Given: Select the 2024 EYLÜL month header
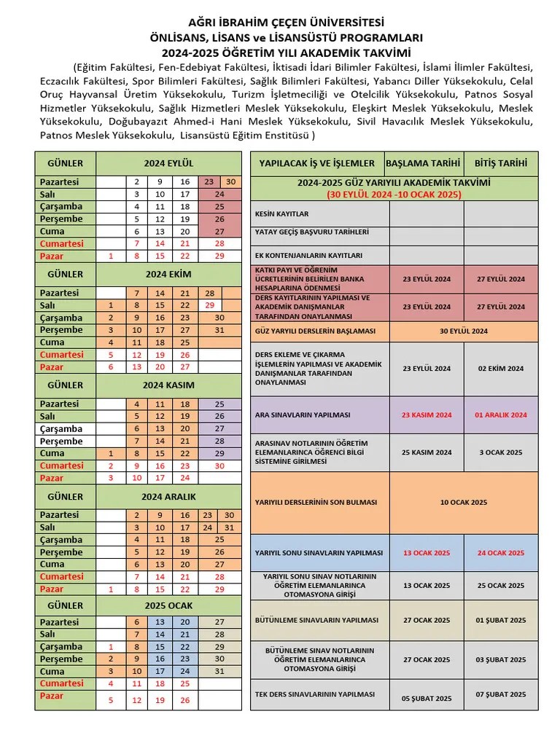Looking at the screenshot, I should pyautogui.click(x=168, y=164).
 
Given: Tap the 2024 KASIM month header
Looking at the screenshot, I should pyautogui.click(x=168, y=385).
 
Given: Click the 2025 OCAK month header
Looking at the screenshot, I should pyautogui.click(x=168, y=605).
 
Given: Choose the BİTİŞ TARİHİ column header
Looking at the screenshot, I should pyautogui.click(x=500, y=164).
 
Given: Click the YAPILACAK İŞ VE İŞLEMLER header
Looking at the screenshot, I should pyautogui.click(x=317, y=164).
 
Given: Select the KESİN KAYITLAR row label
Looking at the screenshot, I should pyautogui.click(x=281, y=214).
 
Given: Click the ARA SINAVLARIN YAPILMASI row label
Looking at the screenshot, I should pyautogui.click(x=303, y=415).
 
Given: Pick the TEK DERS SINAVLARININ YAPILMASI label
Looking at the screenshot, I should pyautogui.click(x=315, y=695).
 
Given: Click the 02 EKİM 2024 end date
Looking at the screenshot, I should pyautogui.click(x=500, y=369).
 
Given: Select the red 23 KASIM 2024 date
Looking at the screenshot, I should pyautogui.click(x=427, y=415).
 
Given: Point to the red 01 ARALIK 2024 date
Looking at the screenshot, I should pyautogui.click(x=500, y=415).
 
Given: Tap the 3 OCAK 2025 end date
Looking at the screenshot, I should pyautogui.click(x=500, y=452).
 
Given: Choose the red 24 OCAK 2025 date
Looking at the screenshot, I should pyautogui.click(x=500, y=553).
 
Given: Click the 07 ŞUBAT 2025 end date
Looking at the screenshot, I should pyautogui.click(x=500, y=695).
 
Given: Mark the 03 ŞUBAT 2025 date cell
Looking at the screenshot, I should pyautogui.click(x=500, y=659).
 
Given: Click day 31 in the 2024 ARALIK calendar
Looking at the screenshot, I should pyautogui.click(x=230, y=527).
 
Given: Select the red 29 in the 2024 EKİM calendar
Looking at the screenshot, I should pyautogui.click(x=210, y=305).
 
